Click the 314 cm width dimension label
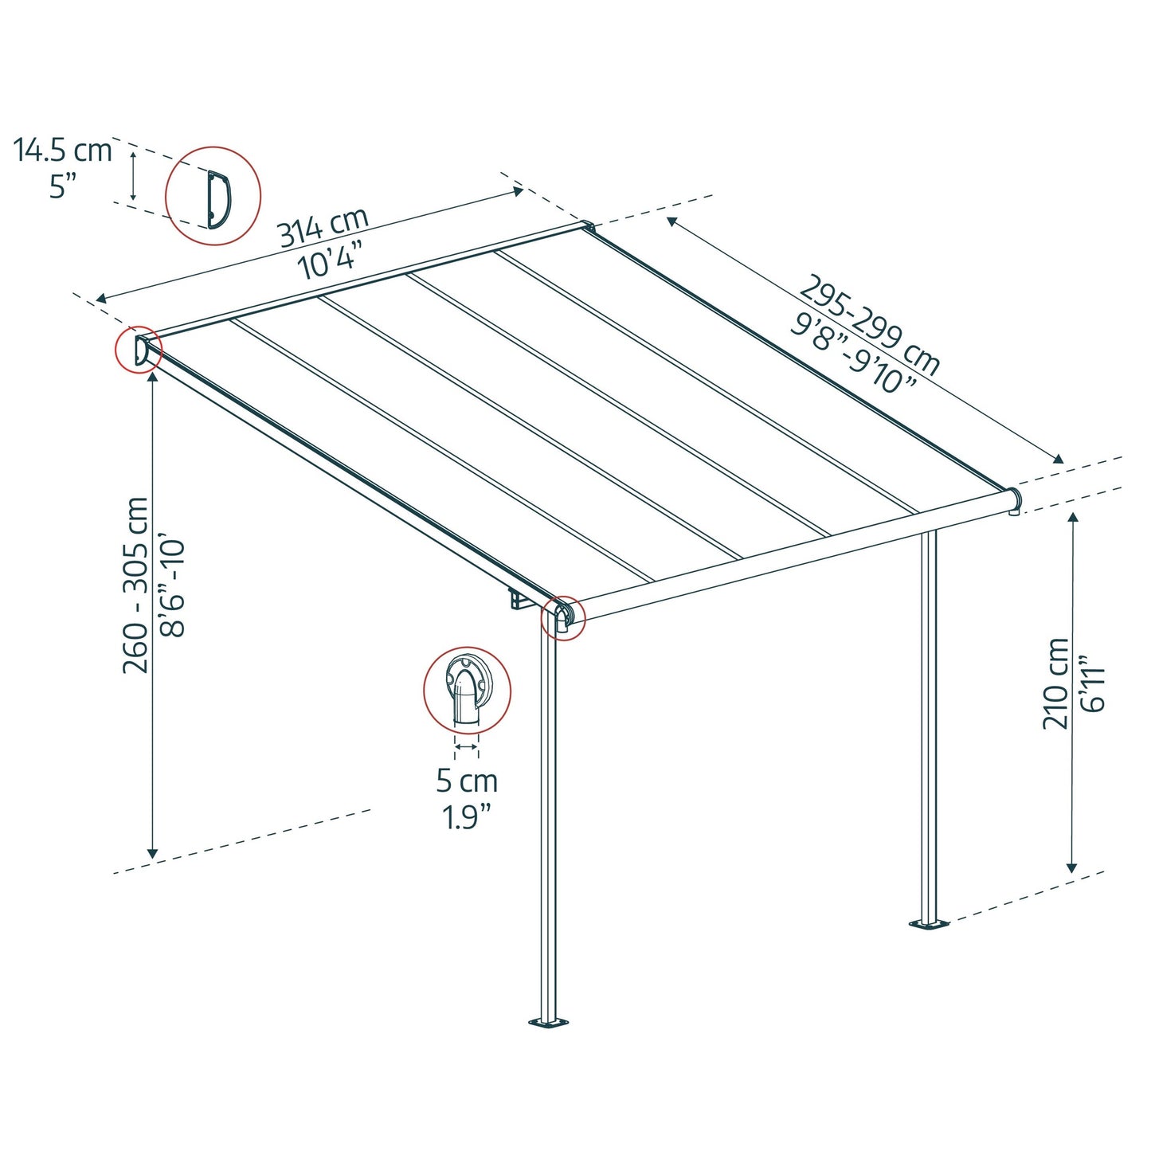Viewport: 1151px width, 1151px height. [x=323, y=226]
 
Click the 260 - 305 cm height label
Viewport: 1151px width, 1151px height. [x=136, y=585]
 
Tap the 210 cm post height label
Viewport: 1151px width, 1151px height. [x=1056, y=683]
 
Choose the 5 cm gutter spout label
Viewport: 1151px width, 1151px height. [x=467, y=781]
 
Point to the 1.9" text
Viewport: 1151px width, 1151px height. [x=467, y=817]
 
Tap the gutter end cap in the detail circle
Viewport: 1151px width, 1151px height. [x=467, y=689]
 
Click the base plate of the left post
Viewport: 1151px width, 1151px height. [x=549, y=1022]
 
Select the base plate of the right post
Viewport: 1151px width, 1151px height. [x=930, y=924]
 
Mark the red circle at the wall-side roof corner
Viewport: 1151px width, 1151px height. [x=139, y=350]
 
